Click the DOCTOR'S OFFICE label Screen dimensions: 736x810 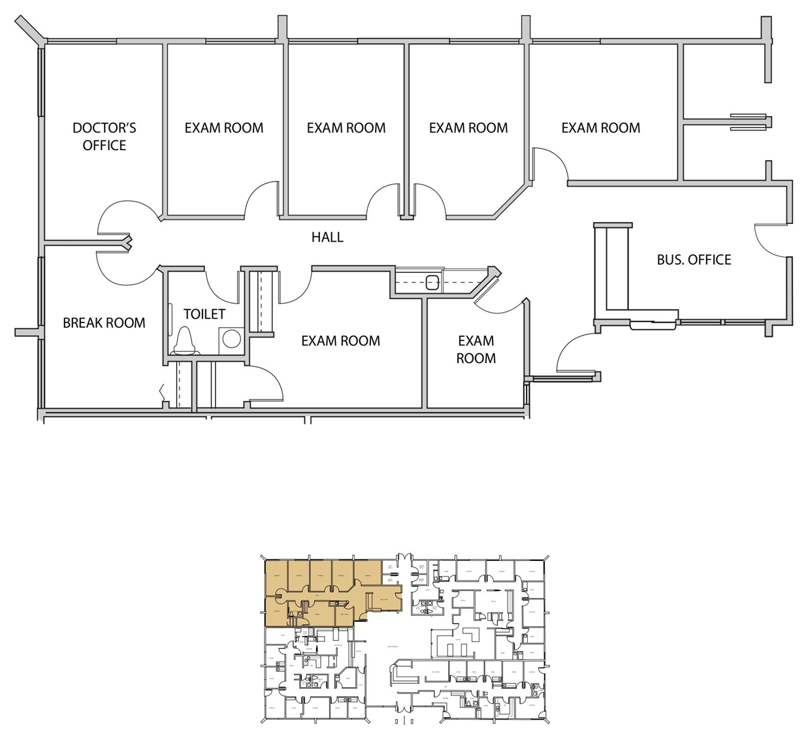tap(104, 136)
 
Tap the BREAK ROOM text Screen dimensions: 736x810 tap(104, 323)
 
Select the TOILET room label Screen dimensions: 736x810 tap(204, 314)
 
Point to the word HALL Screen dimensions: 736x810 tap(327, 237)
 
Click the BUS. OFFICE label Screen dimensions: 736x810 tap(694, 259)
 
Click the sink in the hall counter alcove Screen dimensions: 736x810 tap(432, 282)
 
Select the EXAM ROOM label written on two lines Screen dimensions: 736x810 tap(476, 349)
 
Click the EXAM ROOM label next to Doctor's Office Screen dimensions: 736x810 tap(223, 128)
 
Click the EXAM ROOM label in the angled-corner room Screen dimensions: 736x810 tap(468, 128)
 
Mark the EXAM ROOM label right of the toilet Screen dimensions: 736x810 tap(340, 340)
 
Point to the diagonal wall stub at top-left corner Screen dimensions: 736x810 tap(29, 29)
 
